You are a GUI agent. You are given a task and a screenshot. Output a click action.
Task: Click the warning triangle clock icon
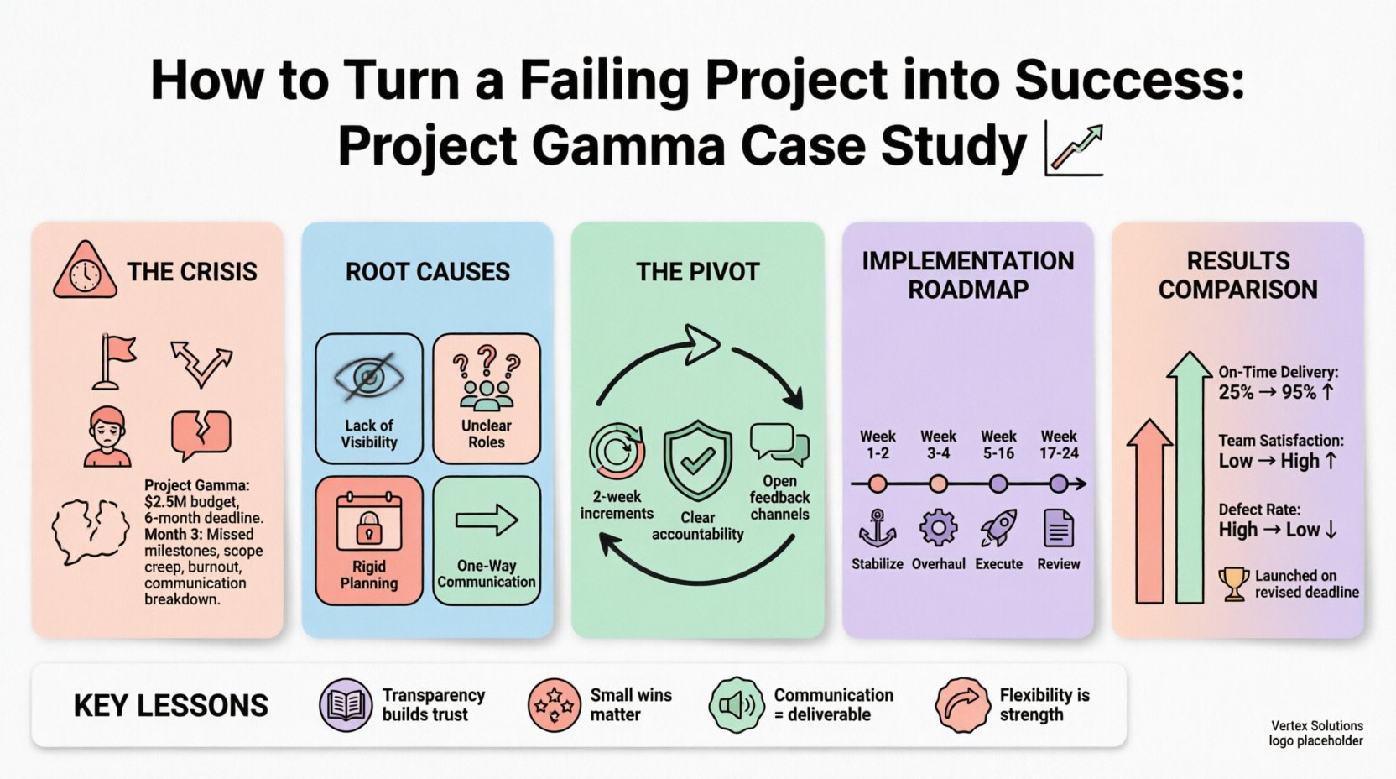coord(84,272)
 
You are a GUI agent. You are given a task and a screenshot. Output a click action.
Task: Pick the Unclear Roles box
coord(487,398)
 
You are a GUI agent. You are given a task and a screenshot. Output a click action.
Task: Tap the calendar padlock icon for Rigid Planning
coord(369,521)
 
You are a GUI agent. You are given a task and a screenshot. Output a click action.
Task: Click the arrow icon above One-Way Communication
coord(487,520)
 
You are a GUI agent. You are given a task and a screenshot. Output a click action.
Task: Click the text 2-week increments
coord(617,505)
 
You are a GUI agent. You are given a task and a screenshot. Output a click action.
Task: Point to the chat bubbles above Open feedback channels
coord(779,444)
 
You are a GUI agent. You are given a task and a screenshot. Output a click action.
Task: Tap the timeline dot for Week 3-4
coord(938,484)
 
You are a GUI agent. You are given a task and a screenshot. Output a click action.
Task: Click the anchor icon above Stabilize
coord(878,529)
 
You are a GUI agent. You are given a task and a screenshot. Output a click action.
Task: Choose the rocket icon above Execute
coord(998,529)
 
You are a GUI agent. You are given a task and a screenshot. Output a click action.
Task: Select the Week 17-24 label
coord(1059,444)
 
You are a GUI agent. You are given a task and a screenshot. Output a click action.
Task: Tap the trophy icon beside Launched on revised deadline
coord(1234,583)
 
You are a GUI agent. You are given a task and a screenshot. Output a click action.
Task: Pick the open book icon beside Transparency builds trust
coord(345,705)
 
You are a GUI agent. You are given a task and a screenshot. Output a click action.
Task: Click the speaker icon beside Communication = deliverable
coord(736,705)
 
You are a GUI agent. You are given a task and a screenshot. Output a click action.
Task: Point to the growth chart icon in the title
coord(1074,149)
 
